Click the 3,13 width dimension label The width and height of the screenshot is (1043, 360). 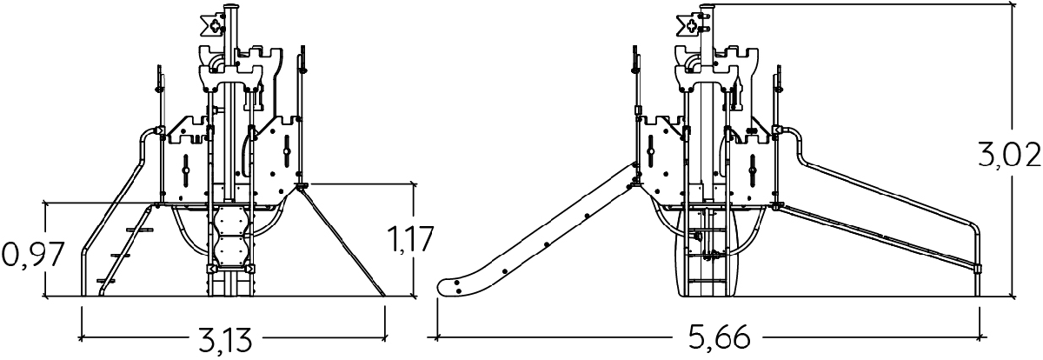click(225, 338)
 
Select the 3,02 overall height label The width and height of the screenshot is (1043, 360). click(1008, 155)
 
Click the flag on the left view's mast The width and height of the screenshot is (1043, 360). click(213, 25)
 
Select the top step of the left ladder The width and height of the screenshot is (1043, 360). click(140, 230)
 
